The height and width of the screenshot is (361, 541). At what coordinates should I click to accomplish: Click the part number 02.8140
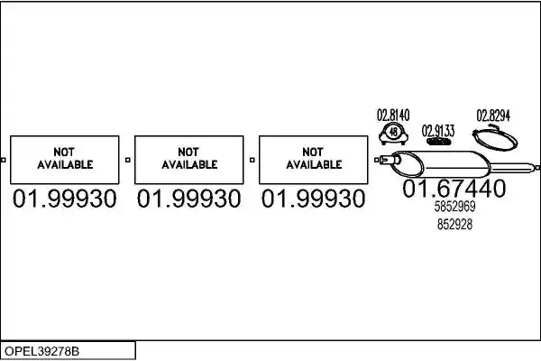[x=393, y=115]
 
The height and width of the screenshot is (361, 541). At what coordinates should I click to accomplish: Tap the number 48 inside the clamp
[x=393, y=132]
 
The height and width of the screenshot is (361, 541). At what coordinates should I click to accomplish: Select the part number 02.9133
[x=438, y=131]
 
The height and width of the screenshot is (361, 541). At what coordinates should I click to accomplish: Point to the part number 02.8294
[x=493, y=116]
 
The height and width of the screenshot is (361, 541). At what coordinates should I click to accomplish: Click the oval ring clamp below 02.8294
[x=495, y=138]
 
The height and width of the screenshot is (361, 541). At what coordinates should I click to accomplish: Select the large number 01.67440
[x=454, y=189]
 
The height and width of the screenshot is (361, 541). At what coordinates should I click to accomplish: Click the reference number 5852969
[x=454, y=207]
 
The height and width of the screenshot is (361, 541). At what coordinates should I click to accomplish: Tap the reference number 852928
[x=454, y=224]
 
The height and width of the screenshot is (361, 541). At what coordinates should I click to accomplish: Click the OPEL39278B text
[x=41, y=351]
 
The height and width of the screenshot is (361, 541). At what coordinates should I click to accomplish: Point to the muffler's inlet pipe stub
[x=390, y=160]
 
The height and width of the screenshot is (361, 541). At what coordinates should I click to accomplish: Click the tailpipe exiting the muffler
[x=510, y=168]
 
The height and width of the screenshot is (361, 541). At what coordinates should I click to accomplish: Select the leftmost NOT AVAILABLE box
[x=65, y=160]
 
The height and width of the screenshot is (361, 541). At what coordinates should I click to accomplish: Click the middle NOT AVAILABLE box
[x=189, y=160]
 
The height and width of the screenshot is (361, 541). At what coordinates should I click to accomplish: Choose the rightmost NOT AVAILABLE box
[x=313, y=160]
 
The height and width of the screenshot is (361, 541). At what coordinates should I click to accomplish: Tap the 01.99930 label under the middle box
[x=188, y=199]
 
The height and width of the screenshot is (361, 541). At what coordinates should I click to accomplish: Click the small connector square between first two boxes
[x=128, y=160]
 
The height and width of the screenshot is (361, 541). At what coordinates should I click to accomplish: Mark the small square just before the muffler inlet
[x=376, y=160]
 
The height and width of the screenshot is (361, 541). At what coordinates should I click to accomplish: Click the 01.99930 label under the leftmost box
[x=65, y=199]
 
